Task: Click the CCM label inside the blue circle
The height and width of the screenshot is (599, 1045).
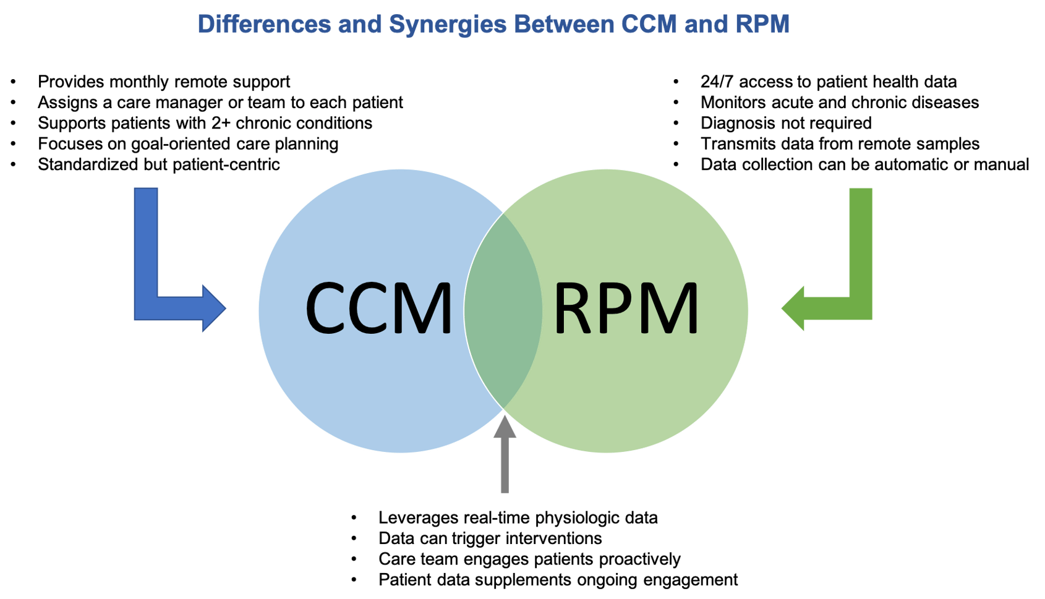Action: [378, 308]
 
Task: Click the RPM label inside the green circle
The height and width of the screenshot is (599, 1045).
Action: [626, 308]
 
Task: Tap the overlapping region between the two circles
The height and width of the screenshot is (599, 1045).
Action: [503, 310]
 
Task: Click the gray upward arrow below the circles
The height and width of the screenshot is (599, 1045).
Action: [505, 457]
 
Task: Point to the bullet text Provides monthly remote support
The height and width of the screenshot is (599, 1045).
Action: [164, 82]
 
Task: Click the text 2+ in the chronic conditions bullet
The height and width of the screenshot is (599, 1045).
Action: [220, 123]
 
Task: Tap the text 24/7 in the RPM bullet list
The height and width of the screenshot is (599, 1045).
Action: [717, 82]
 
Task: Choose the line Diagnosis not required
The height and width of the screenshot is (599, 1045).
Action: [785, 123]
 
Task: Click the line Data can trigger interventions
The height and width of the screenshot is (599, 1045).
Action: [490, 538]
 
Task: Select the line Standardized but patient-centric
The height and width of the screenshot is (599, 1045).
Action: [159, 164]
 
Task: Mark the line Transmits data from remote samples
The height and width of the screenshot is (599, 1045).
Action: [840, 144]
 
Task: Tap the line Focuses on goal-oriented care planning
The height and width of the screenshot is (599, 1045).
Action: [188, 144]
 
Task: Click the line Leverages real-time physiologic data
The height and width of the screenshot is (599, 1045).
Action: [518, 517]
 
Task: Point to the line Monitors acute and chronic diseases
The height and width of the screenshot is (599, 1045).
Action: [839, 103]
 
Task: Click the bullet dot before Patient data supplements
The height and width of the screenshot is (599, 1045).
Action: [354, 580]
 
